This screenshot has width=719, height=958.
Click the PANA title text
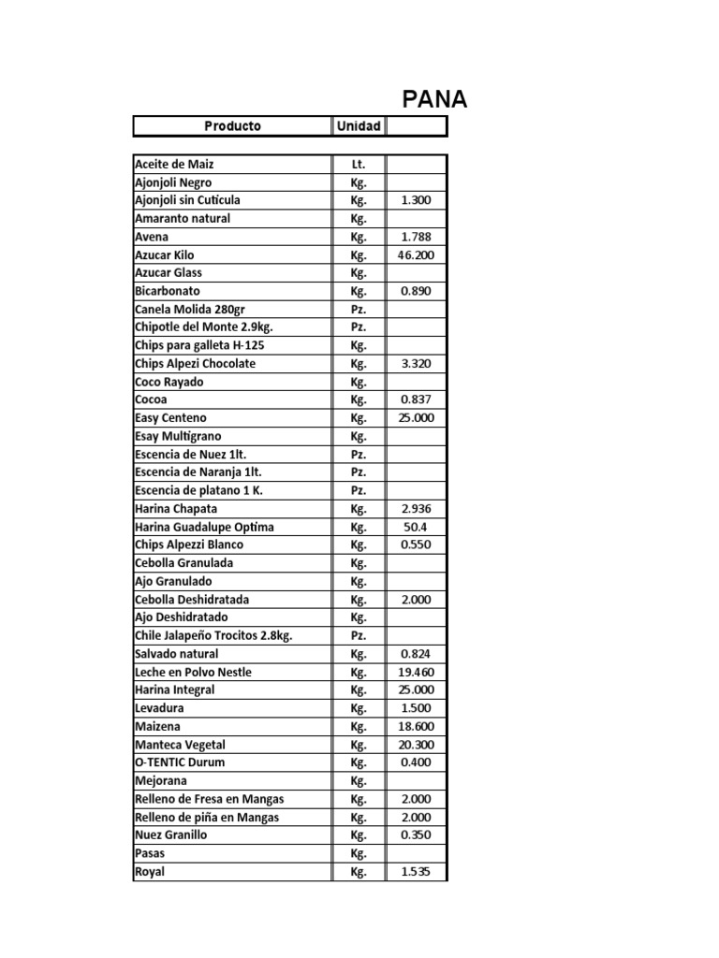tap(434, 99)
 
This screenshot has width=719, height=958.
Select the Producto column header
tap(232, 125)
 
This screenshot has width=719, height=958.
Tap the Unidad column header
tap(359, 125)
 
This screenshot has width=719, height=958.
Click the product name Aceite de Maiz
tap(174, 164)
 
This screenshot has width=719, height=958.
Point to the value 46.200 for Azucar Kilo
tap(416, 254)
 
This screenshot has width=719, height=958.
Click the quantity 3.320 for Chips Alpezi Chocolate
tap(416, 364)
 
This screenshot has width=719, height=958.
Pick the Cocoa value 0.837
tap(416, 399)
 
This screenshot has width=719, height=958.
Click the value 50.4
tap(416, 527)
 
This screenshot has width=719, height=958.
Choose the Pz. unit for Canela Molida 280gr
tap(359, 309)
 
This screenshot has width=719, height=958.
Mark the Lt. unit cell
tap(359, 164)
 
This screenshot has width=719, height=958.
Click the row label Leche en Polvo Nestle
tap(194, 672)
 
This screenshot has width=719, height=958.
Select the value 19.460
tap(416, 672)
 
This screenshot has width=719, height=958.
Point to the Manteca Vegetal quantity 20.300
tap(416, 745)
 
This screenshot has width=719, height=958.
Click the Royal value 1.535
tap(416, 872)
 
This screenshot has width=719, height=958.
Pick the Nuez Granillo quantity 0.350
tap(416, 835)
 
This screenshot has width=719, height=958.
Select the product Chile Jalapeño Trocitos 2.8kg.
tap(213, 635)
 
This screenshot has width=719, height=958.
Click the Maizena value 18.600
tap(416, 726)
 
